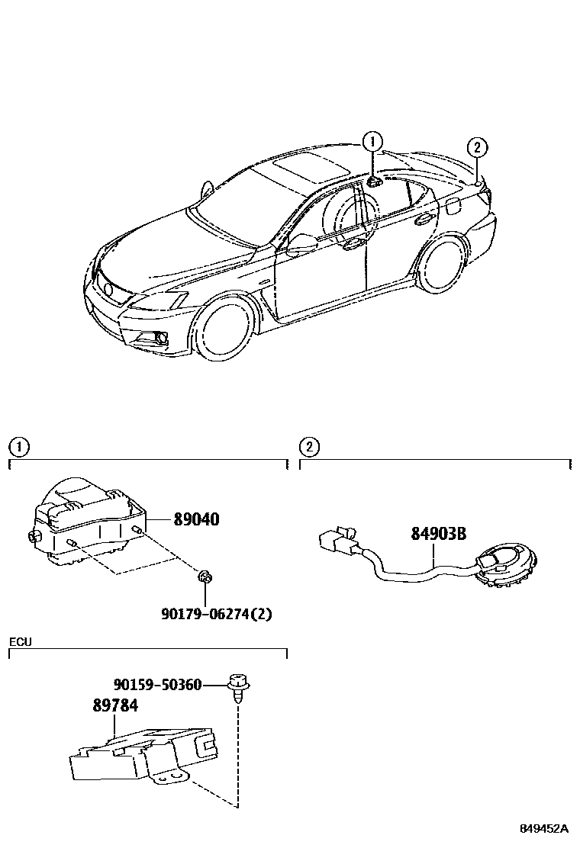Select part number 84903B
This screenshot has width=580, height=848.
(x=438, y=534)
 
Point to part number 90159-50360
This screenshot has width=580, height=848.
(x=157, y=685)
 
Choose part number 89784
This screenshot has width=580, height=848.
(x=115, y=705)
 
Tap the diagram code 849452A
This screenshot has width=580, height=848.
(x=545, y=828)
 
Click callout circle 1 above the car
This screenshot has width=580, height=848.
(x=372, y=141)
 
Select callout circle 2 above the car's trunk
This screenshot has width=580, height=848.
(x=475, y=147)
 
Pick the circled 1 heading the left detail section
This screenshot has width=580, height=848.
(x=17, y=447)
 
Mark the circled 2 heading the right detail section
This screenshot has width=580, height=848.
(x=308, y=447)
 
